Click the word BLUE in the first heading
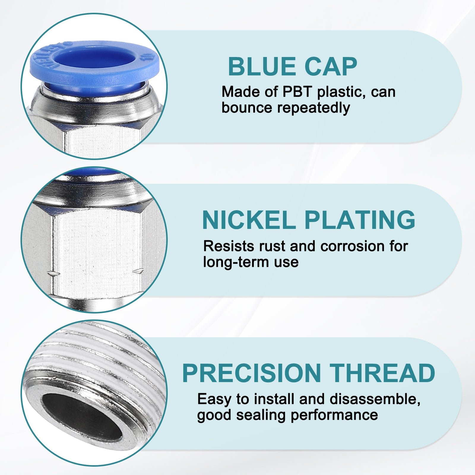click(262, 66)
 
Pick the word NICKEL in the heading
click(248, 220)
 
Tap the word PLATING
click(360, 220)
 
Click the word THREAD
click(382, 373)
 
